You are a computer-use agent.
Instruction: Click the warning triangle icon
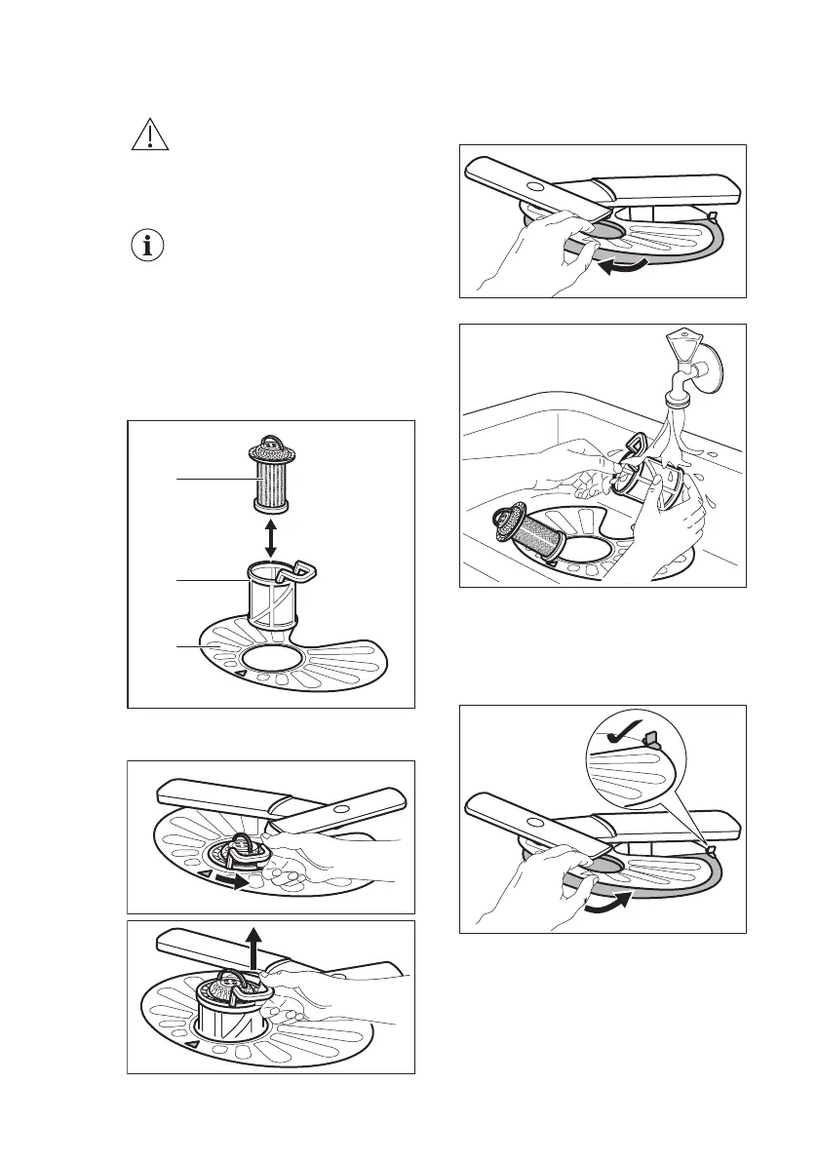(x=149, y=136)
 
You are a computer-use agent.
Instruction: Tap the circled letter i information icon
(x=149, y=246)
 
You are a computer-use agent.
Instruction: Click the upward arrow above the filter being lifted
(x=255, y=945)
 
